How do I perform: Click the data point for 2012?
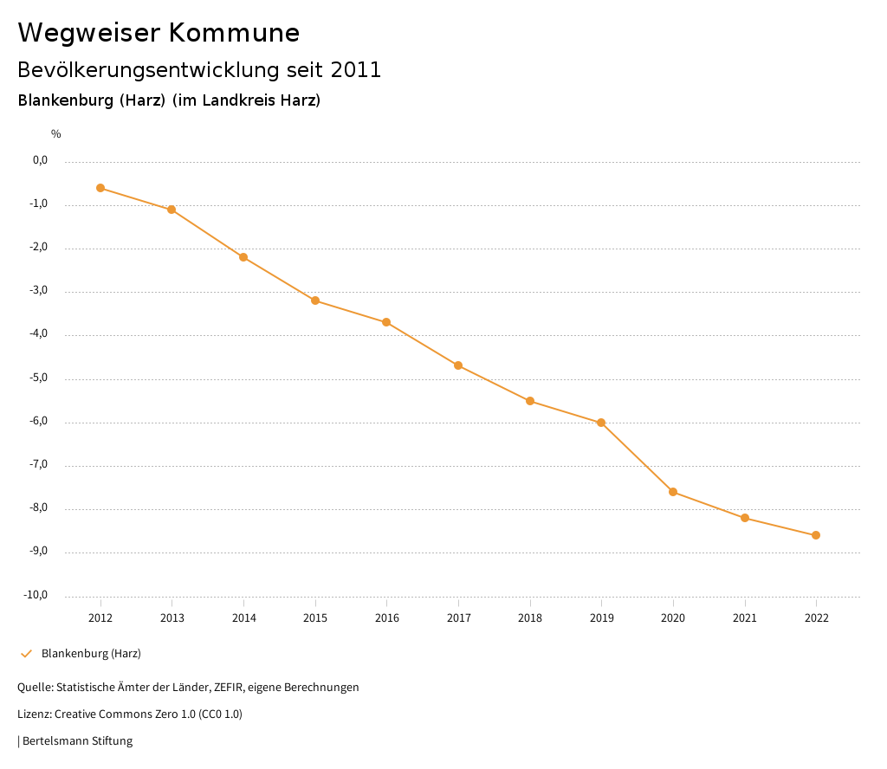[100, 188]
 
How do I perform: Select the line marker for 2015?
[315, 300]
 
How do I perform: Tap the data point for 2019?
[601, 423]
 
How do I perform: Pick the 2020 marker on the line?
[673, 492]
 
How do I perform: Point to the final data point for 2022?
[816, 535]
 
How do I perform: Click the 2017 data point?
[458, 365]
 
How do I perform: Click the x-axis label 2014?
[244, 617]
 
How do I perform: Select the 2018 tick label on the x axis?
[530, 617]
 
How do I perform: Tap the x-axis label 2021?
[745, 617]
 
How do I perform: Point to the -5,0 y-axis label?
[40, 378]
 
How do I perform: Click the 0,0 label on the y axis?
[41, 160]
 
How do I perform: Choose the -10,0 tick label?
[36, 595]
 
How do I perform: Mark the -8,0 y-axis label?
[40, 508]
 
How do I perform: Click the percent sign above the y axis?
[56, 134]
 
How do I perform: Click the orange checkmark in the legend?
[26, 654]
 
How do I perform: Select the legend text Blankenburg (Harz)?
[91, 654]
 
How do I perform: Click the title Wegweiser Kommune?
[159, 33]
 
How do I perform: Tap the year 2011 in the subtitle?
[356, 70]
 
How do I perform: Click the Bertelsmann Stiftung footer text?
[77, 741]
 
